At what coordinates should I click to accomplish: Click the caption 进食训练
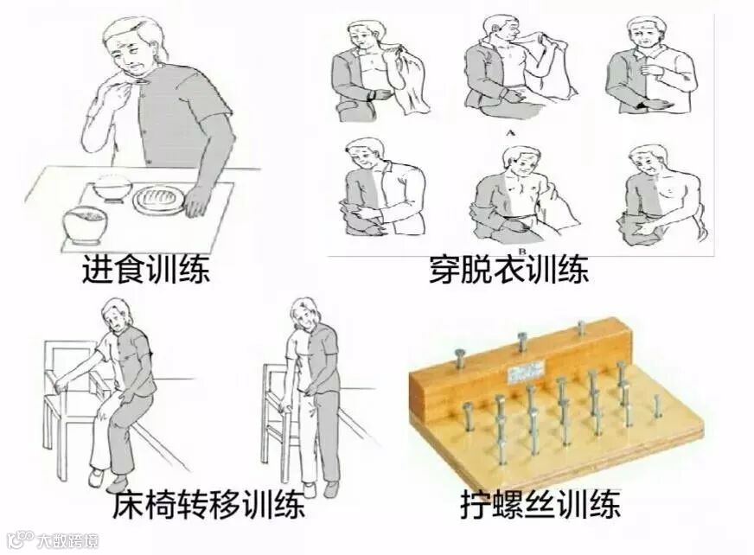146,270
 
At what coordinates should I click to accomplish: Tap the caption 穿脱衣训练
508,271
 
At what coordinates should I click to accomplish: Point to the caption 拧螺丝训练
540,504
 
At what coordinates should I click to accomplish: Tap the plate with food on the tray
159,199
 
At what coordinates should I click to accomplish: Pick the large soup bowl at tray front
85,225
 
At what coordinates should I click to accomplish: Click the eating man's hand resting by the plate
195,202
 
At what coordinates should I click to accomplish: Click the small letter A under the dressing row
510,133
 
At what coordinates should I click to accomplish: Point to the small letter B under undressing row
524,249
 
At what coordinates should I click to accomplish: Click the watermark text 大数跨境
68,540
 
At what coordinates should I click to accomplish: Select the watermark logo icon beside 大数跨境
21,539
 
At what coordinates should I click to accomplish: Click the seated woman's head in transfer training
115,316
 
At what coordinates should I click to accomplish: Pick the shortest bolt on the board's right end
657,406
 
